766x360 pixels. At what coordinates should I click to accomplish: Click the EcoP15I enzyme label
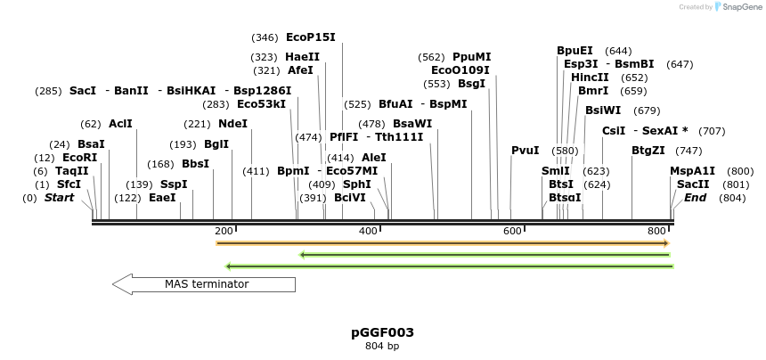click(x=310, y=37)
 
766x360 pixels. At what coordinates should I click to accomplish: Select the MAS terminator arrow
click(x=203, y=284)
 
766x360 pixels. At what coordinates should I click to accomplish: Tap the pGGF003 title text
click(x=382, y=332)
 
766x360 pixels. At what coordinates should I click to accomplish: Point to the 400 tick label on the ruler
click(x=368, y=231)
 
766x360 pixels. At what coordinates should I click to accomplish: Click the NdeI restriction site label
click(x=232, y=124)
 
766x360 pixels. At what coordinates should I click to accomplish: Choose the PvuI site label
click(x=525, y=150)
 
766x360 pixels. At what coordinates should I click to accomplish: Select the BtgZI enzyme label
click(x=648, y=150)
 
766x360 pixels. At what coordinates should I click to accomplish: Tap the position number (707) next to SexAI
click(x=712, y=131)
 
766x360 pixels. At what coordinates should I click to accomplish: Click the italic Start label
click(x=60, y=197)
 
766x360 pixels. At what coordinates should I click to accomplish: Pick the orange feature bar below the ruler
click(x=442, y=242)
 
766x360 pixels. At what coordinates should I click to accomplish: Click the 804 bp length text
click(x=382, y=346)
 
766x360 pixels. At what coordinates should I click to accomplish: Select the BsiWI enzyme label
click(x=603, y=110)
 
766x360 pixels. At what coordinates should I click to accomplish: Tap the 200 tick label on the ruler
click(x=224, y=231)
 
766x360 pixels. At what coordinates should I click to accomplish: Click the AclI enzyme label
click(x=120, y=124)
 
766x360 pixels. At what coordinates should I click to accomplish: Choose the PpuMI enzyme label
click(x=471, y=57)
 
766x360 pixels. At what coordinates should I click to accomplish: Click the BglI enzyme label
click(x=216, y=144)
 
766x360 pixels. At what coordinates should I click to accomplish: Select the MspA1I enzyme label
click(x=692, y=171)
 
